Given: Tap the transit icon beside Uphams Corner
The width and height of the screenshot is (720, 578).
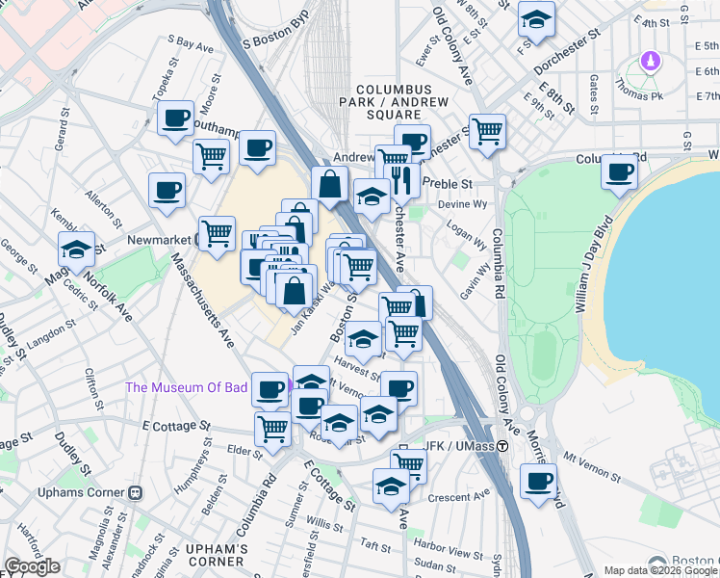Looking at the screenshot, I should click(x=135, y=492).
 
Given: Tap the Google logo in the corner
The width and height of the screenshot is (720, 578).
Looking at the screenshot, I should click(x=32, y=566).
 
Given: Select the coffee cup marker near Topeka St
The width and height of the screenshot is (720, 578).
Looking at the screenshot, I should click(x=175, y=118).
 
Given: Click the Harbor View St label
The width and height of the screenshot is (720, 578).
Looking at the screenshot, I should click(x=448, y=555).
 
